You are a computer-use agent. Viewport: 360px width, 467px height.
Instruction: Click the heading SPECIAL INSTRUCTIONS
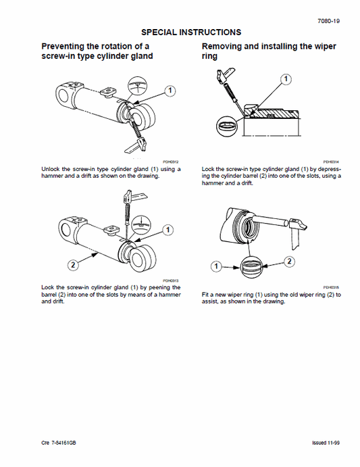point(191,32)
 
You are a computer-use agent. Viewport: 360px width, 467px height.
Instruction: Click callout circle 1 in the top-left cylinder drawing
point(170,89)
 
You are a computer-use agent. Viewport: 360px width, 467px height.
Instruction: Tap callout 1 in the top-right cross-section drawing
point(286,80)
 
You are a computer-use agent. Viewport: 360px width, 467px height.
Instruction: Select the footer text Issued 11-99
point(328,442)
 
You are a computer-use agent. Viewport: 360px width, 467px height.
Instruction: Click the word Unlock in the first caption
point(50,170)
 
